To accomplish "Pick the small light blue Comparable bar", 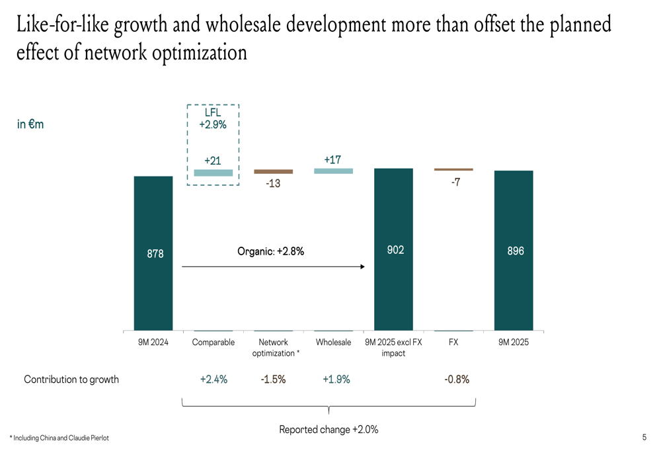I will [214, 173].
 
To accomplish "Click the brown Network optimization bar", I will [273, 171].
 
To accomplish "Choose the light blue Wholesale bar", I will [333, 171].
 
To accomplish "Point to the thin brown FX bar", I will [453, 169].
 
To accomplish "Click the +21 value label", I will [213, 161].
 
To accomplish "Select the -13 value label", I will [273, 183].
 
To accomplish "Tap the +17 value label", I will [332, 160].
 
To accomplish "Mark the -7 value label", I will [455, 182].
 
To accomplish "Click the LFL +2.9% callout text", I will [213, 118].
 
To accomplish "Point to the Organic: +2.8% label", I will [270, 251].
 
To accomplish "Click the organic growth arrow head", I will [362, 267].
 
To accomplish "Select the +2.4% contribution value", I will [214, 380].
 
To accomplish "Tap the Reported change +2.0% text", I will [329, 429].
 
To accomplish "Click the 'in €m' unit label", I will [30, 124].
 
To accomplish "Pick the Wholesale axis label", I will [333, 343].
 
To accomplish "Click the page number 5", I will [644, 437].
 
